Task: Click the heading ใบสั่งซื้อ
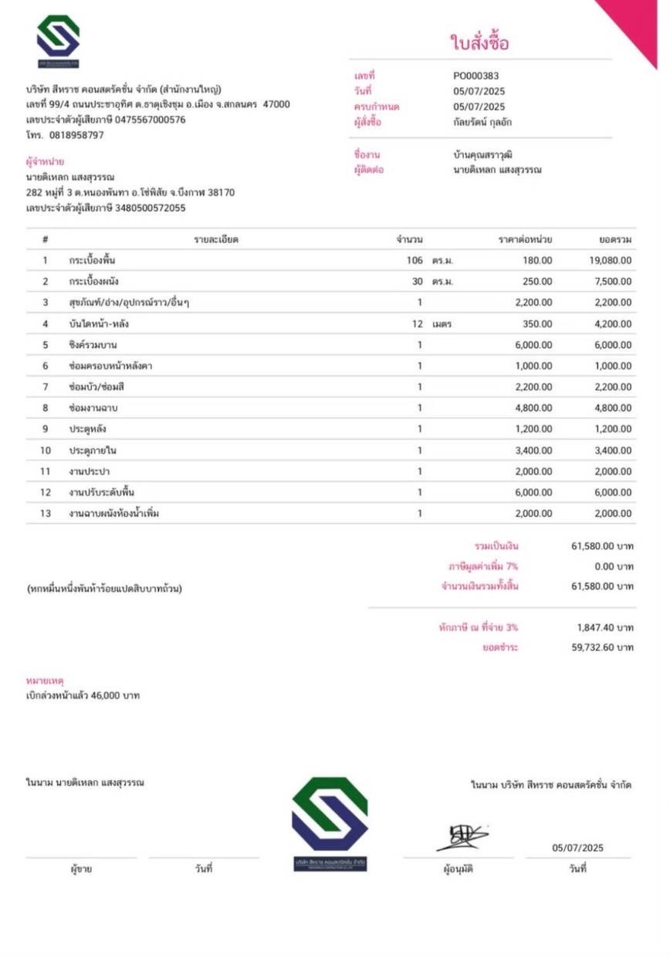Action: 479,43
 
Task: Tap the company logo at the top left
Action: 58,41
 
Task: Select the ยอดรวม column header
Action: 615,239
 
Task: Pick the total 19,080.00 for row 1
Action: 610,260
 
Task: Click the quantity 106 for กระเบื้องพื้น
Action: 415,260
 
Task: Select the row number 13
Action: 46,513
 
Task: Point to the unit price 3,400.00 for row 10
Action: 533,450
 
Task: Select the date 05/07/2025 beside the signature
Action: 577,848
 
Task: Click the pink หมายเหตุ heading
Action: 45,681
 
